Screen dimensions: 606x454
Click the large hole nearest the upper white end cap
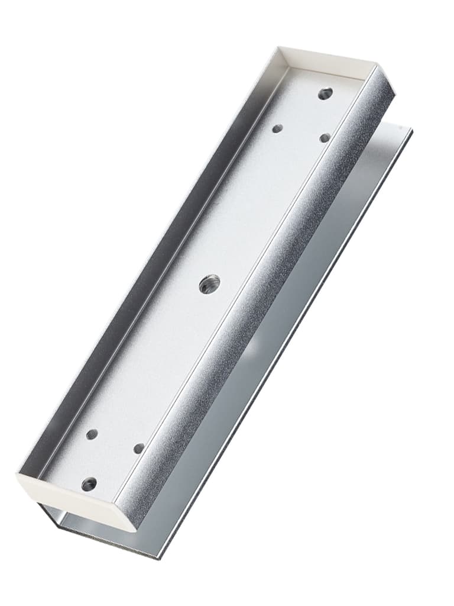coord(325,94)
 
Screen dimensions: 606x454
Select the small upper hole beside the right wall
coord(325,138)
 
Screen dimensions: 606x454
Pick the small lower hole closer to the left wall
coord(92,434)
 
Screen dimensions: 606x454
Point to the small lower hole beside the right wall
coord(139,449)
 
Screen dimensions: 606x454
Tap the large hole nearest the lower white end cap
coord(89,484)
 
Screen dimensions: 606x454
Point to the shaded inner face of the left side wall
coord(148,266)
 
